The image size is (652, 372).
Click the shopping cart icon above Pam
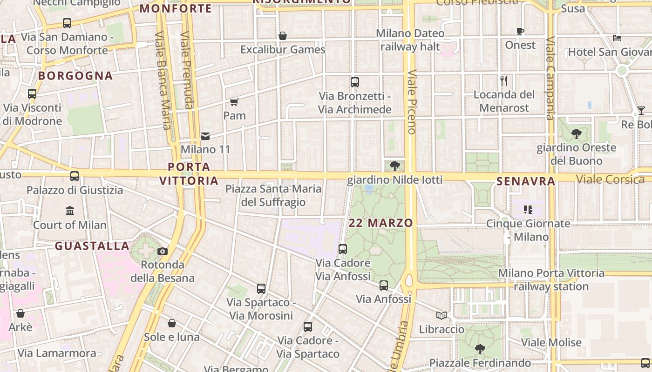234,102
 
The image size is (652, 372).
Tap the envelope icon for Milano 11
205,136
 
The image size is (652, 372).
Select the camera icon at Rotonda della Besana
163,251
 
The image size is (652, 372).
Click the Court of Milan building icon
70,211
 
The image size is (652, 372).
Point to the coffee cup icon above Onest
520,32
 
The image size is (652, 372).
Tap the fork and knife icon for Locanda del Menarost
504,81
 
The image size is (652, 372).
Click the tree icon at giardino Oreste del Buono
576,134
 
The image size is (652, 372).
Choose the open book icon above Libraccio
441,316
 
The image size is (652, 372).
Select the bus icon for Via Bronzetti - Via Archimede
355,82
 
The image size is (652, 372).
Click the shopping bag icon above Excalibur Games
283,36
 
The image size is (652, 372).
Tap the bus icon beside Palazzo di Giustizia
75,176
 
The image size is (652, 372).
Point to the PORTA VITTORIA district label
189,173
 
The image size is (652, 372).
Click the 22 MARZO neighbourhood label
380,223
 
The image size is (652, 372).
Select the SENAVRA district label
526,181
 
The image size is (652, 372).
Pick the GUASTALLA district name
92,246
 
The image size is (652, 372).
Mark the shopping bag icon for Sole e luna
172,323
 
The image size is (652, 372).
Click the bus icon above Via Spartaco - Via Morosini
261,289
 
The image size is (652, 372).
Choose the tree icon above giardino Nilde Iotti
395,166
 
